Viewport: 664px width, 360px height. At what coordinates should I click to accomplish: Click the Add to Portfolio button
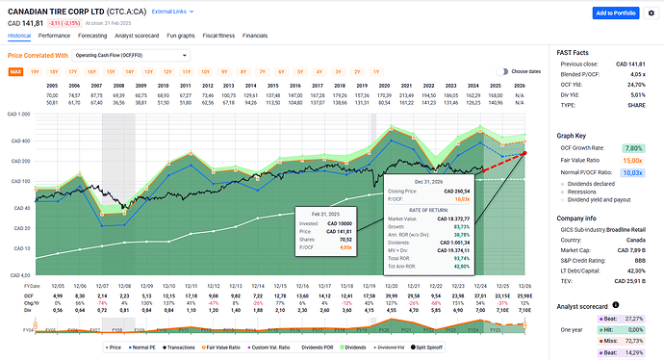(616, 13)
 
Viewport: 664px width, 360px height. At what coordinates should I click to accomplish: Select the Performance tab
(54, 35)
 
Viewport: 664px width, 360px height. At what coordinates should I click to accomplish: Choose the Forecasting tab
(98, 35)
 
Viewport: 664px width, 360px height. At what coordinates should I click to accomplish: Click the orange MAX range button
(16, 71)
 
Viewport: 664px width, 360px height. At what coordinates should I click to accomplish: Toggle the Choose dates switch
(502, 71)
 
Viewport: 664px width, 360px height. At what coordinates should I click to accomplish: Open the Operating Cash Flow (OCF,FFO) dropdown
(114, 56)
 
